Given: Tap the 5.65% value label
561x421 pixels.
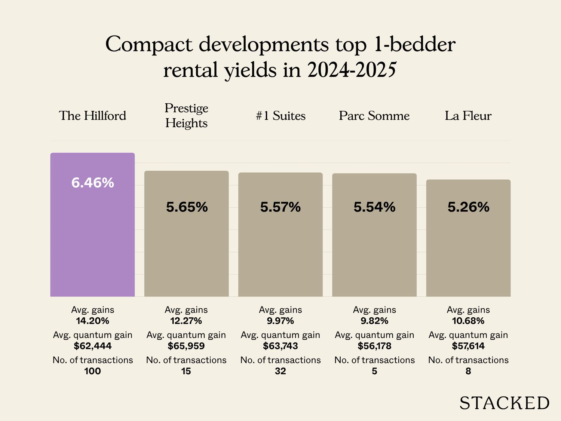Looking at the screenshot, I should click(x=187, y=207).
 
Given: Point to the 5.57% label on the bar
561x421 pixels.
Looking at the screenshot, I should click(x=280, y=207).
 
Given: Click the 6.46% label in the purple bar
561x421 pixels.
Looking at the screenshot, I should click(x=92, y=183).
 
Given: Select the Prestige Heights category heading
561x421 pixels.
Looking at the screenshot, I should click(x=186, y=115).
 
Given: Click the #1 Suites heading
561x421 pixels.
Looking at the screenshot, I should click(x=280, y=116).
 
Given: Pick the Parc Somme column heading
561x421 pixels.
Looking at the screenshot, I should click(x=374, y=116).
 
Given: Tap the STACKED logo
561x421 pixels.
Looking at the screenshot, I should click(x=504, y=403).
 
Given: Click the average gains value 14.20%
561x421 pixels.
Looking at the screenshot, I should click(x=92, y=321).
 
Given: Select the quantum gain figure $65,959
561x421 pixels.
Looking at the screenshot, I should click(x=186, y=346).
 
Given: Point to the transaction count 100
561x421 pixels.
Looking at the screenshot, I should click(x=92, y=371).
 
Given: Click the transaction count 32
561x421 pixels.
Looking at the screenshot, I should click(x=280, y=371).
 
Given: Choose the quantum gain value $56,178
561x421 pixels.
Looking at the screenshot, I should click(x=374, y=346).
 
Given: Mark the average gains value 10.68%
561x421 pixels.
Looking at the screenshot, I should click(x=468, y=321).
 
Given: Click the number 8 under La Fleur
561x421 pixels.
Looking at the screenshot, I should click(x=468, y=371).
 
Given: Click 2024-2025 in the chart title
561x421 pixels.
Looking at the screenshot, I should click(x=352, y=70).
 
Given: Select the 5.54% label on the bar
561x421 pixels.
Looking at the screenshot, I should click(x=374, y=207).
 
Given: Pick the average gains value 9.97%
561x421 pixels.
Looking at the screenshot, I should click(x=280, y=321).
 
